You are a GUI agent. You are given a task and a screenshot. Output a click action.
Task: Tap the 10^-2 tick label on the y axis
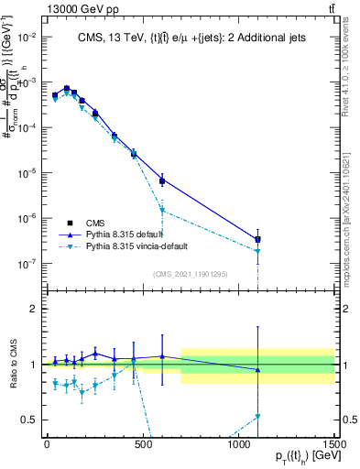pos(26,38)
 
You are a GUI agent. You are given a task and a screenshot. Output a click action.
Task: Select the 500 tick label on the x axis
pos(143,444)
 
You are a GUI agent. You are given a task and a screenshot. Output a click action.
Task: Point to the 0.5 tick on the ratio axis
pos(31,420)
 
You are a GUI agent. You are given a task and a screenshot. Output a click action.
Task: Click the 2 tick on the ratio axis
pos(35,309)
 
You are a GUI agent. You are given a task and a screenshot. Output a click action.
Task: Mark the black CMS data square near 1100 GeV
pos(258,239)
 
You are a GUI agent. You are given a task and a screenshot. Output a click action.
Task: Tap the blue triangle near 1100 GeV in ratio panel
pos(258,370)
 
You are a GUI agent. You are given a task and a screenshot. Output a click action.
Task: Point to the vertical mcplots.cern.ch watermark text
pos(350,220)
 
